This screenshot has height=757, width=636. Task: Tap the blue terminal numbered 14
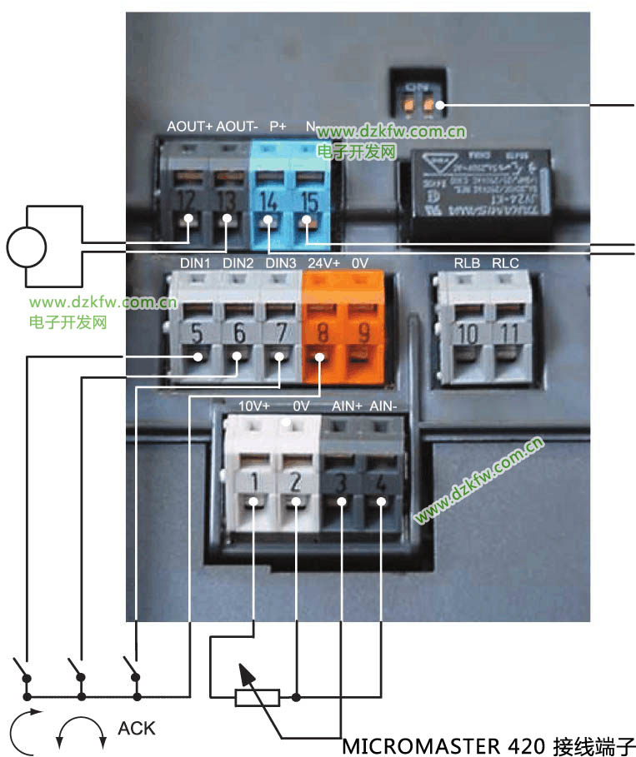coord(268,202)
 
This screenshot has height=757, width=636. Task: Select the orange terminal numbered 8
coord(321,334)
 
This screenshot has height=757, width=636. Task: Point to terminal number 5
coord(198,334)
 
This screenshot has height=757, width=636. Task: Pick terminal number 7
coord(280,334)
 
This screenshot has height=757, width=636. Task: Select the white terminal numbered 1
coord(253,481)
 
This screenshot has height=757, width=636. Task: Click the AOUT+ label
coord(190,127)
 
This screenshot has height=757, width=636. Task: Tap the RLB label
coord(466,263)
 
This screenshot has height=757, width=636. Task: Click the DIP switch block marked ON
coord(423,97)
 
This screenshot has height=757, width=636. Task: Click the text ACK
coord(137,729)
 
